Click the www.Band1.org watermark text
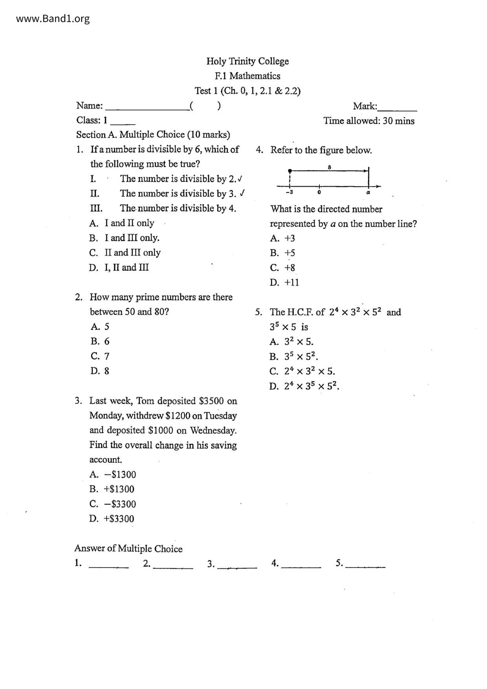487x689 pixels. tap(53, 19)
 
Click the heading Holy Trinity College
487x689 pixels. tap(247, 61)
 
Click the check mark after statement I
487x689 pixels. tap(240, 179)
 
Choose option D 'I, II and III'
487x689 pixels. tap(119, 268)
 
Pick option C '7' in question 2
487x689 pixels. tap(100, 356)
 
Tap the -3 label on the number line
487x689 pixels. tap(289, 193)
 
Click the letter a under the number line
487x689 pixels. tap(368, 193)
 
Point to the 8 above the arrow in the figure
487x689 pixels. tap(330, 167)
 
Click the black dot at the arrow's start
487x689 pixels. tap(290, 171)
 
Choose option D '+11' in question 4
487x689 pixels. tap(284, 282)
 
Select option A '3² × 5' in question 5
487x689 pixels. tap(291, 342)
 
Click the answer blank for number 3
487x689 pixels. tap(237, 566)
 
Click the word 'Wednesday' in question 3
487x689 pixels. tap(213, 431)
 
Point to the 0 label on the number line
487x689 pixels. tap(319, 193)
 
